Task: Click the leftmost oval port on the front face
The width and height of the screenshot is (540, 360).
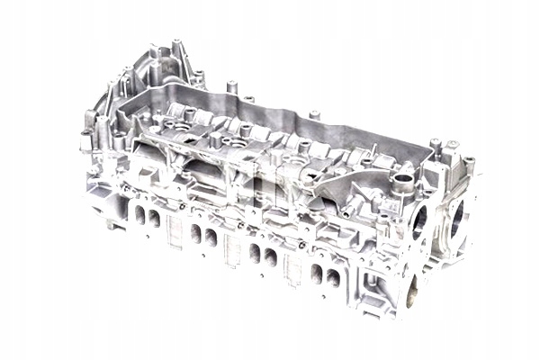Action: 139,214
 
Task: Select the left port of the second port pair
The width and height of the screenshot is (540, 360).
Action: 195,233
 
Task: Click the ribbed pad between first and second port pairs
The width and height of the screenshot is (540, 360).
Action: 175,236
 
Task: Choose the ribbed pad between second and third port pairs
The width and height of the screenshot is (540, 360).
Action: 231,250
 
